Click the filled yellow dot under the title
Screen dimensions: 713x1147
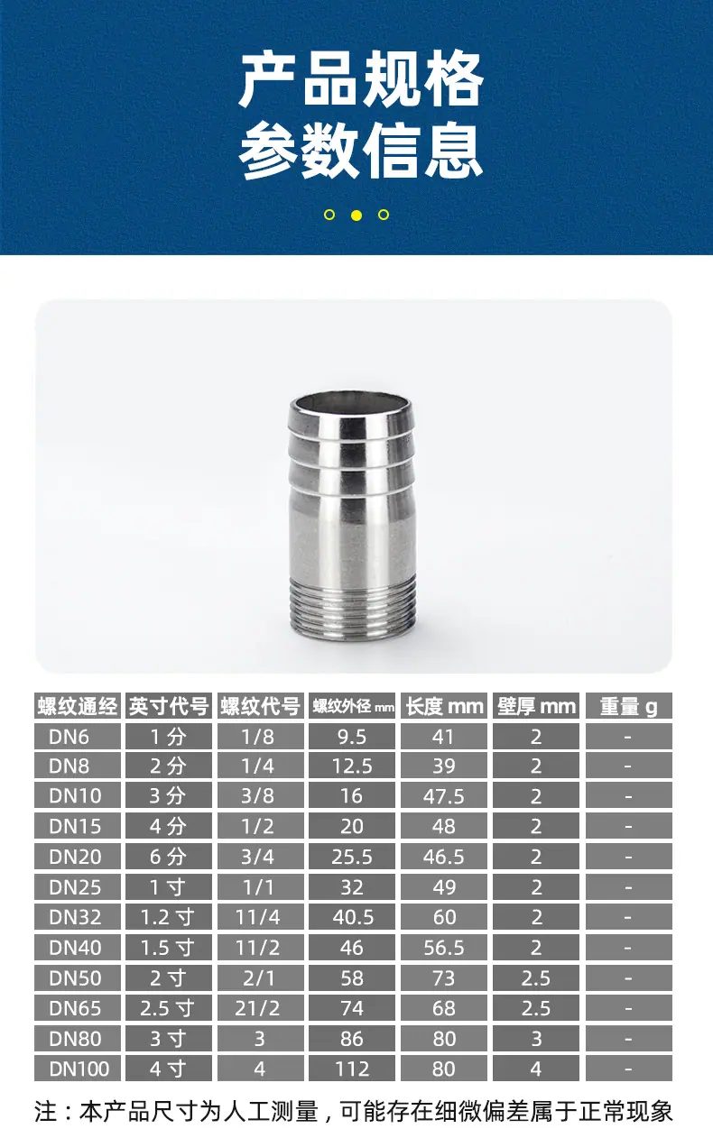click(356, 215)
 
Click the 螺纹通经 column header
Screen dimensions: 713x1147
click(78, 706)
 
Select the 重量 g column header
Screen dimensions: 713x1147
click(628, 706)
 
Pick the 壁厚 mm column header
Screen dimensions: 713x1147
click(536, 706)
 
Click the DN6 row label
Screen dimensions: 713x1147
click(69, 737)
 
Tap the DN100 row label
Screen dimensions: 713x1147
click(79, 1069)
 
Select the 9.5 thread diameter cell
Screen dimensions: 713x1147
click(352, 737)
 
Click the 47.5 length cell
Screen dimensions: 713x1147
click(444, 797)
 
